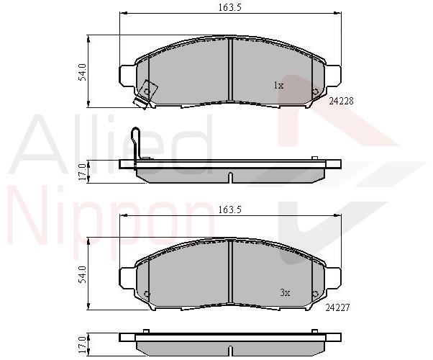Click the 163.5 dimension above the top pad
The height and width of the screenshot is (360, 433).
coord(229,7)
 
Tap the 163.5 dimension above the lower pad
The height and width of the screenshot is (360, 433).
coord(229,210)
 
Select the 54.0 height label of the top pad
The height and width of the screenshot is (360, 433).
coord(82,72)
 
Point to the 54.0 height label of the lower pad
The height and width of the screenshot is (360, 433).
coord(82,274)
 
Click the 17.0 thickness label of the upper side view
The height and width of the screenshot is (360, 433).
coord(82,171)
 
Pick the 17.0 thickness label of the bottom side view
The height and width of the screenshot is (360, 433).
coord(82,345)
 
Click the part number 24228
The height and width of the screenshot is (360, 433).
coord(341,102)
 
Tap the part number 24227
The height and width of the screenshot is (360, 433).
coord(337,307)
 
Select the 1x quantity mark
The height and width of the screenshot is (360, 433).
coord(278,86)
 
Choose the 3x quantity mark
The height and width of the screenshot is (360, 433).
coord(285,292)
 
